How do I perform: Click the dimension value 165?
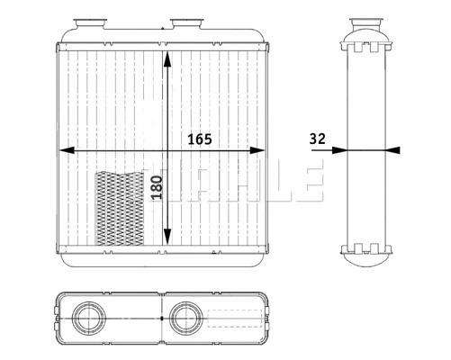click(x=200, y=139)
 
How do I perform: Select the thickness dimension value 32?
click(x=316, y=139)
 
